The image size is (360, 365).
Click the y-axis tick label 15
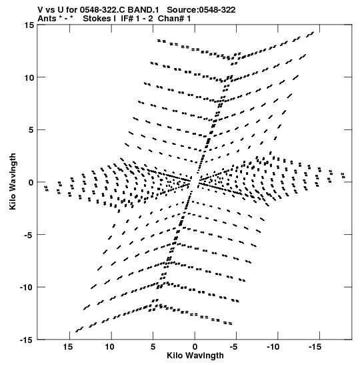(x=29, y=25)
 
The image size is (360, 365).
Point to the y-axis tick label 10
(x=29, y=77)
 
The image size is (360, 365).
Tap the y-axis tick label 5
(x=31, y=130)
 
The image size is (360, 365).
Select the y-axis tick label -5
(x=29, y=235)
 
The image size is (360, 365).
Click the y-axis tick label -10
(x=27, y=287)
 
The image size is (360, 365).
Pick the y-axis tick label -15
(x=27, y=340)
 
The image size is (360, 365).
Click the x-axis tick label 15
(x=69, y=347)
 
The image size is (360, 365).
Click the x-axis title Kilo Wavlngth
(x=195, y=356)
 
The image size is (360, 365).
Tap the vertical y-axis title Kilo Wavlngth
(x=13, y=181)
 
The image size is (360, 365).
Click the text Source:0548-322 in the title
(x=201, y=10)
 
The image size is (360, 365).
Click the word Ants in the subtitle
(x=47, y=19)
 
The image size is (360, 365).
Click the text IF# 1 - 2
(x=137, y=19)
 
